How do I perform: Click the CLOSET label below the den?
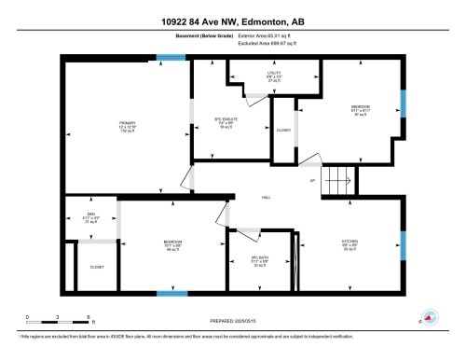tap(96, 267)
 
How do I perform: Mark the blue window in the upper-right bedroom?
tap(403, 103)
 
